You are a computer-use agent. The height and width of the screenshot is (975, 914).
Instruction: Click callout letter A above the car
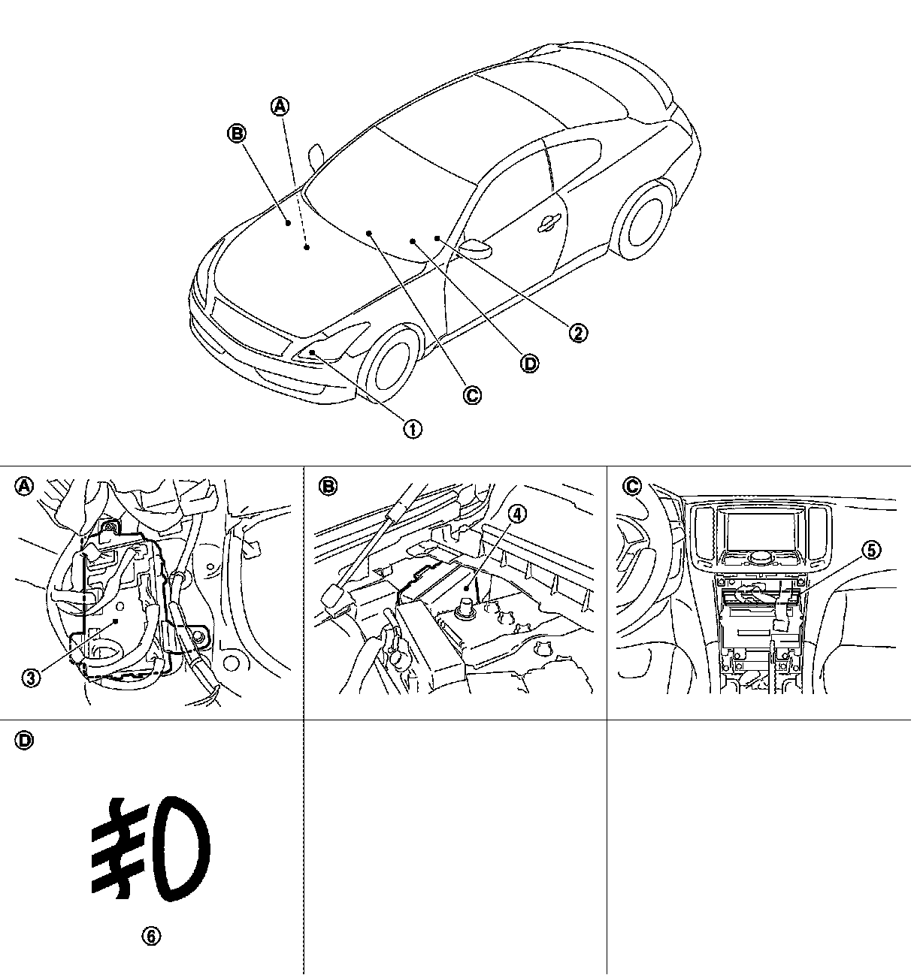[280, 107]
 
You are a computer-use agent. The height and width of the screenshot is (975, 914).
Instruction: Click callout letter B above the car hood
[236, 134]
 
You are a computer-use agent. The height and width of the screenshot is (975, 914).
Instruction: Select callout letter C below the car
[472, 395]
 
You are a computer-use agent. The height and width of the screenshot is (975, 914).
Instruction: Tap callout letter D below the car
[530, 364]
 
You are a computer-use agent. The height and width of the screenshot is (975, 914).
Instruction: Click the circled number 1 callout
[413, 429]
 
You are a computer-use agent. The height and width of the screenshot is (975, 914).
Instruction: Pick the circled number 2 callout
[577, 332]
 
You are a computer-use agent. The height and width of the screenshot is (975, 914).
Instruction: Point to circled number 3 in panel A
[31, 678]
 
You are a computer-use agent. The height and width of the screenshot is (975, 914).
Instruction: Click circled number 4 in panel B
[517, 513]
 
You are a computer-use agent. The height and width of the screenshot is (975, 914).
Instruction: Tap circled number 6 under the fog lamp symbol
[151, 936]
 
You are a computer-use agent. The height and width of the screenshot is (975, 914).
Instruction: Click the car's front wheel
[390, 365]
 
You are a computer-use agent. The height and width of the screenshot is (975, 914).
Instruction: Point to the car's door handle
[549, 222]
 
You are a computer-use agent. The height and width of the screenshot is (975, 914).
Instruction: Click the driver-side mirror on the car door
[474, 247]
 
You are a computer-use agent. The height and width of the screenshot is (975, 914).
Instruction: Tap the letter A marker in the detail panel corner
[25, 486]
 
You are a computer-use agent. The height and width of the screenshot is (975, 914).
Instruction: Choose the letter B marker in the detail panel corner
[328, 486]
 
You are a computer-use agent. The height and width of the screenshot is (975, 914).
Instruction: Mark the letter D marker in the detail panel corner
[25, 740]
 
